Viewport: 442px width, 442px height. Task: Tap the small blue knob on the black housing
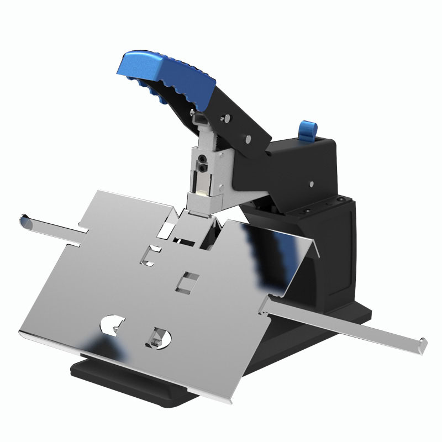pyautogui.click(x=306, y=130)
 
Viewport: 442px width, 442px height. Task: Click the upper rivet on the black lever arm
pyautogui.click(x=225, y=118)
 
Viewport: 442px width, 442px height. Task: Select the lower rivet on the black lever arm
pyautogui.click(x=248, y=138)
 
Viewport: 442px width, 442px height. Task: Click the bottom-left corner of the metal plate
pyautogui.click(x=21, y=331)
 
